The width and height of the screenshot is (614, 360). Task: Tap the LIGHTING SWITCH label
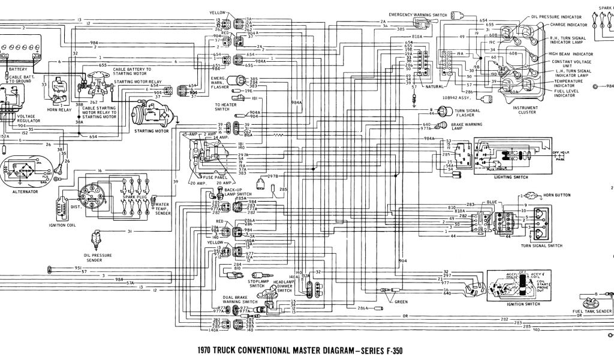tap(511, 178)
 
